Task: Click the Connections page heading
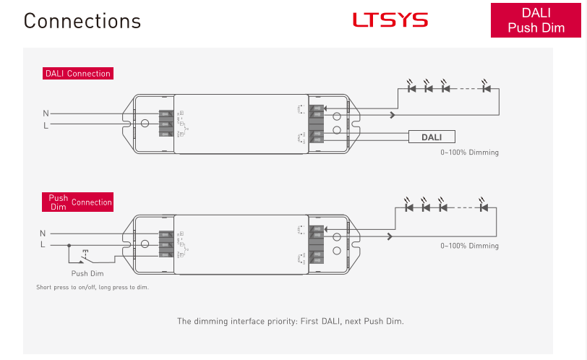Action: (x=82, y=20)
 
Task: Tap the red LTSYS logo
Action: (x=390, y=20)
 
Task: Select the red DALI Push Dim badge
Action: (x=536, y=20)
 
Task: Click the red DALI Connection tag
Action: (x=78, y=73)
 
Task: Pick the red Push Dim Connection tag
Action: (x=78, y=202)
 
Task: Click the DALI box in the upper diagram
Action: (x=432, y=137)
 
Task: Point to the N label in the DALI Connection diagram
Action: (x=46, y=113)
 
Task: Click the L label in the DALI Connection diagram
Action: (x=46, y=125)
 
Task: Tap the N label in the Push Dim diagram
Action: (x=43, y=233)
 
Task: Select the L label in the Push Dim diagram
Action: (x=43, y=245)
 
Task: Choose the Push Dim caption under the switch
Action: (x=87, y=273)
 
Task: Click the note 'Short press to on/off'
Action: (x=93, y=287)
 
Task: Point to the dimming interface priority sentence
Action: (x=291, y=321)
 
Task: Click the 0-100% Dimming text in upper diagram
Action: (x=469, y=153)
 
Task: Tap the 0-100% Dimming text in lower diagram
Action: (x=469, y=246)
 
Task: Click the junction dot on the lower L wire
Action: (x=69, y=245)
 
